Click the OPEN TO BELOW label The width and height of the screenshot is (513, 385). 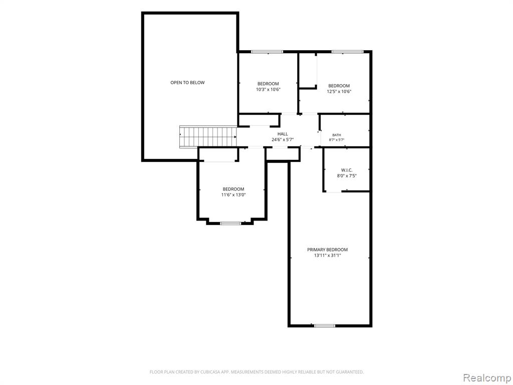point(187,83)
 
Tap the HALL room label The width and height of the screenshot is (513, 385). point(283,134)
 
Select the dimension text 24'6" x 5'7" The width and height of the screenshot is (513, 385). point(283,139)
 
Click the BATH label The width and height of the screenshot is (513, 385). point(337,135)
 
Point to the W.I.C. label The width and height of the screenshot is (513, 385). point(347,170)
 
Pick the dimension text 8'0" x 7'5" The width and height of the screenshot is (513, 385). point(347,176)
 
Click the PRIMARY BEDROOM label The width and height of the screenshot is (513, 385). point(327,250)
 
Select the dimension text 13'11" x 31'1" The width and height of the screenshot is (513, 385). point(327,255)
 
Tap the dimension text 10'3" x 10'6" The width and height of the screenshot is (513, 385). point(269,89)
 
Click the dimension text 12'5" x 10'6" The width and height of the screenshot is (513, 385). point(339,92)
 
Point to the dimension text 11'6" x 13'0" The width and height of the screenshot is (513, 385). point(233,195)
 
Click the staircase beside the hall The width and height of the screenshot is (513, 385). point(208,137)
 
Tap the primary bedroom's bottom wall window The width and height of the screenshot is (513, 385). point(325,325)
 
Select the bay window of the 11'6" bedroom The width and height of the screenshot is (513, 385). point(230,223)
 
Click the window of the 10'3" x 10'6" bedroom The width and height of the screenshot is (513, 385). point(267,52)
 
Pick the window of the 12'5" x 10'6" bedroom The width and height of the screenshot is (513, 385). point(348,52)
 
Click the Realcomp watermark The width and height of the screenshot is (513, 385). point(487,377)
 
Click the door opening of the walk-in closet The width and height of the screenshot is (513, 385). point(334,191)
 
